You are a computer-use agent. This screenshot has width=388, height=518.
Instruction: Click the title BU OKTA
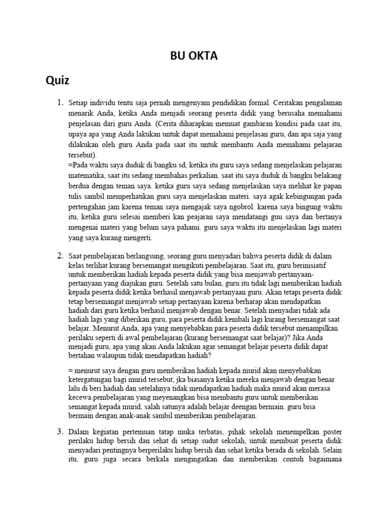point(193,56)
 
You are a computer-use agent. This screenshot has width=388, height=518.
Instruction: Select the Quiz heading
point(57,80)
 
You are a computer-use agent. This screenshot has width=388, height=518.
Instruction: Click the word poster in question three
point(331,431)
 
